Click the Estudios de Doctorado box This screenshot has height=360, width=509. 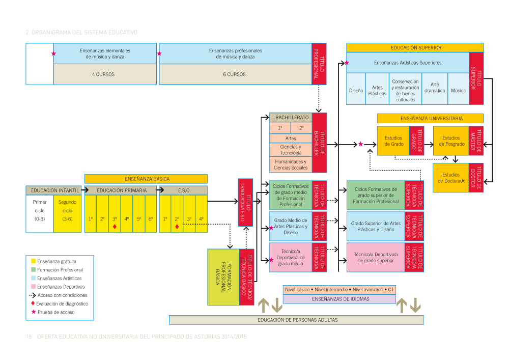pyautogui.click(x=450, y=178)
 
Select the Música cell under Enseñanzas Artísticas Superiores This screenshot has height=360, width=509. pyautogui.click(x=458, y=91)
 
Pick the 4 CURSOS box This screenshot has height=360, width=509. pyautogui.click(x=103, y=74)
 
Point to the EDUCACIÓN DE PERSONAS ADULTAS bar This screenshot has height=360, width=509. pyautogui.click(x=296, y=320)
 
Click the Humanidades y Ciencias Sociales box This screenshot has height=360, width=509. pyautogui.click(x=290, y=164)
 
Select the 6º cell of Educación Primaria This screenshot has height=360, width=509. pyautogui.click(x=151, y=219)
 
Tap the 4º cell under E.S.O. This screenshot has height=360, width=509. pyautogui.click(x=202, y=219)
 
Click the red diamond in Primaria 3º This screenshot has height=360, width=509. pyautogui.click(x=115, y=227)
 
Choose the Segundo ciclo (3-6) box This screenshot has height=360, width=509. pyautogui.click(x=67, y=210)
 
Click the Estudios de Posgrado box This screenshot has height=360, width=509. pyautogui.click(x=450, y=141)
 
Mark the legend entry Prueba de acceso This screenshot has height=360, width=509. pyautogui.click(x=56, y=312)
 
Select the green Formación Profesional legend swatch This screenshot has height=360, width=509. pyautogui.click(x=34, y=270)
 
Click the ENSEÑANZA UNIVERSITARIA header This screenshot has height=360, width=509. pyautogui.click(x=431, y=118)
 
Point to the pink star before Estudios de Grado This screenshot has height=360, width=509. pyautogui.click(x=360, y=144)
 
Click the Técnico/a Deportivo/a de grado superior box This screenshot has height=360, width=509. pyautogui.click(x=375, y=257)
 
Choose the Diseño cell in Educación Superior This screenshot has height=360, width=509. pyautogui.click(x=356, y=91)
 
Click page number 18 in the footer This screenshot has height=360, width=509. pyautogui.click(x=29, y=337)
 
